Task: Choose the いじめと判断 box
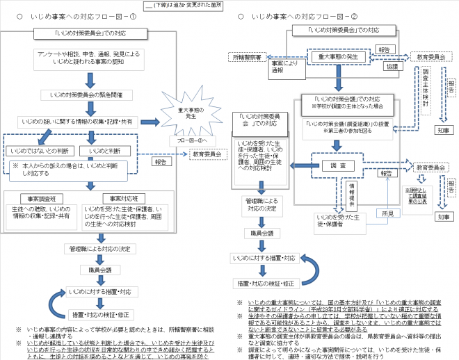point(104,151)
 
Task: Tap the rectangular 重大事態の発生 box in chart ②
point(337,58)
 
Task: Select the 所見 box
point(388,213)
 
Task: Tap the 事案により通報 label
point(278,67)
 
